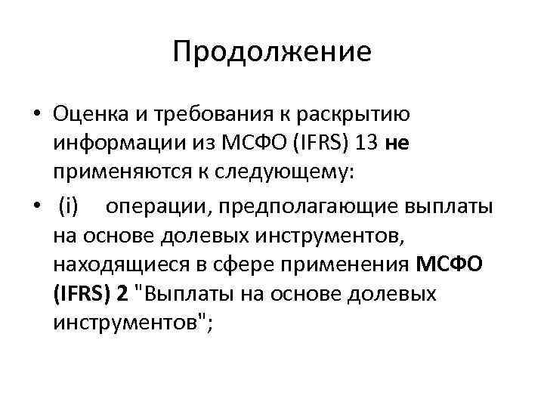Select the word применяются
point(122,173)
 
